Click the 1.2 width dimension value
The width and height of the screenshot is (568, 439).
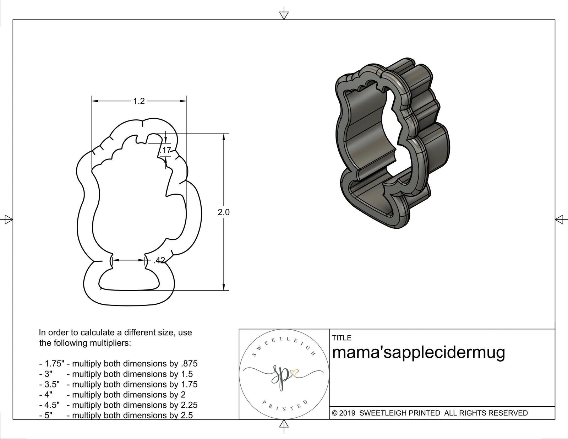click(139, 102)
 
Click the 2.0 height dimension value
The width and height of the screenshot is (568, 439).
click(224, 212)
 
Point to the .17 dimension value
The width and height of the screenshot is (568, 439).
click(166, 150)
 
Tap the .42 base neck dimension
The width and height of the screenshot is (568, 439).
click(159, 261)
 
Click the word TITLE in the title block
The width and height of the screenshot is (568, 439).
click(342, 338)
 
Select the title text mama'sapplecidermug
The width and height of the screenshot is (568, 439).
click(418, 353)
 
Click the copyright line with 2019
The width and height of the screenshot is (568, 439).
click(430, 413)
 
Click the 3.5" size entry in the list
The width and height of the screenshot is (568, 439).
click(50, 384)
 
